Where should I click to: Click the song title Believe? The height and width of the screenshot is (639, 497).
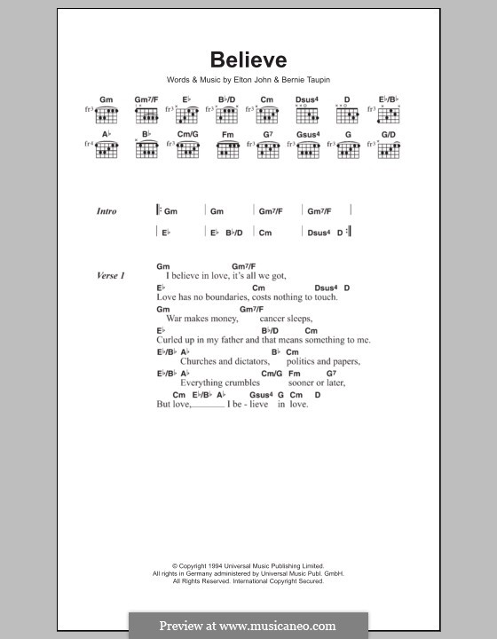[248, 60]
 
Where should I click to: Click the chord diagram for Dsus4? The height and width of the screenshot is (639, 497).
[309, 114]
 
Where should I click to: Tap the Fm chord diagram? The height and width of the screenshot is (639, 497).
[228, 150]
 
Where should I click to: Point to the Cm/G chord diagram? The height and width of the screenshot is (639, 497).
[187, 150]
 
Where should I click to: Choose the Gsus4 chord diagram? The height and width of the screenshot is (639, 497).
[309, 150]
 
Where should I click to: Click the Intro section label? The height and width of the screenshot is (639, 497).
[107, 211]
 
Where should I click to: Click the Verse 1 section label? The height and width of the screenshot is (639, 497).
[111, 276]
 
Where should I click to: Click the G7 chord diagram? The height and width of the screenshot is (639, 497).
[268, 150]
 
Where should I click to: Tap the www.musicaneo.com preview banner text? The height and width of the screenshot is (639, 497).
[248, 625]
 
